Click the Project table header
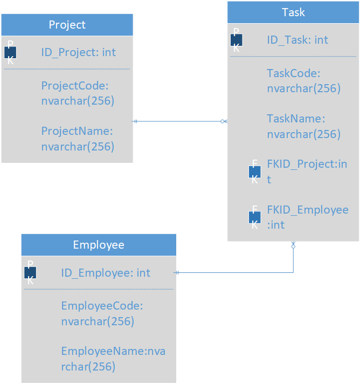67,25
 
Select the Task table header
293,12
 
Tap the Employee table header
99,245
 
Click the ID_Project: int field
78,52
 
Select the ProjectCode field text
78,93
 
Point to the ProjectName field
78,138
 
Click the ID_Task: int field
297,40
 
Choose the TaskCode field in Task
303,80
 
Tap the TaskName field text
303,126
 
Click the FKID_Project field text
307,171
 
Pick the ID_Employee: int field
106,273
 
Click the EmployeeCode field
102,313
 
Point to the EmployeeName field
113,359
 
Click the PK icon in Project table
10,52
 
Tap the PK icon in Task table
236,39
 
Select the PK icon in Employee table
30,273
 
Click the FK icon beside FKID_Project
254,172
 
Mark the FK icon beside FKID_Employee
254,217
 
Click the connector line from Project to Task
178,121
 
